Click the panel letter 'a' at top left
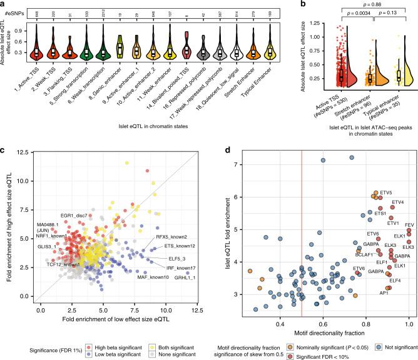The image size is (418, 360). click(4, 5)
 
